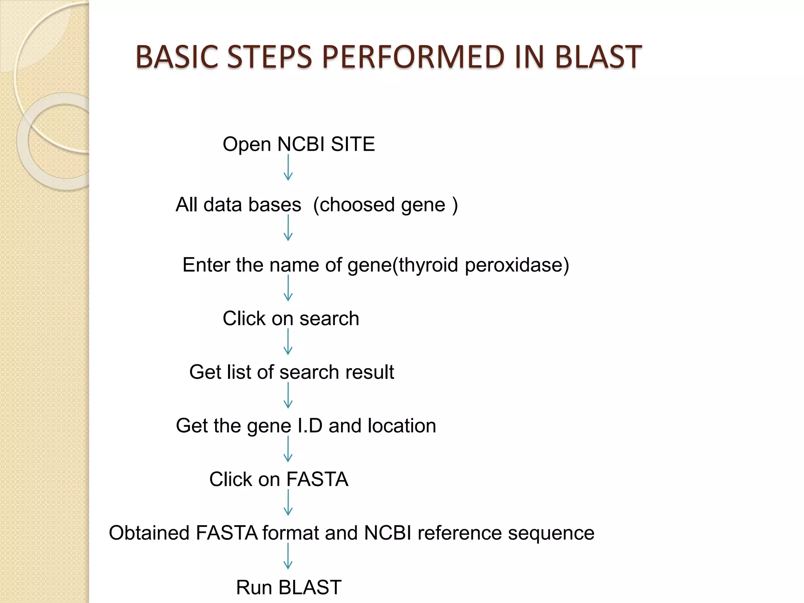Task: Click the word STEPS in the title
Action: pyautogui.click(x=269, y=57)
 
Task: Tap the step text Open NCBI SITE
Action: pyautogui.click(x=298, y=144)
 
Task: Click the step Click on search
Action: pyautogui.click(x=291, y=318)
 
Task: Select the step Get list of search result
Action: pyautogui.click(x=291, y=372)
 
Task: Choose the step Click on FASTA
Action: pyautogui.click(x=278, y=479)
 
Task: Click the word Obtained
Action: pyautogui.click(x=149, y=533)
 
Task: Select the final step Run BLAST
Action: pyautogui.click(x=289, y=587)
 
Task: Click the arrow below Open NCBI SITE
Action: pyautogui.click(x=288, y=168)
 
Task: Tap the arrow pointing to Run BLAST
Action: pyautogui.click(x=288, y=556)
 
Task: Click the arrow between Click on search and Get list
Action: pyautogui.click(x=288, y=342)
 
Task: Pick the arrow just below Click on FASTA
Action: pyautogui.click(x=288, y=502)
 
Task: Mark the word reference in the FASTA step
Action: pyautogui.click(x=459, y=533)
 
